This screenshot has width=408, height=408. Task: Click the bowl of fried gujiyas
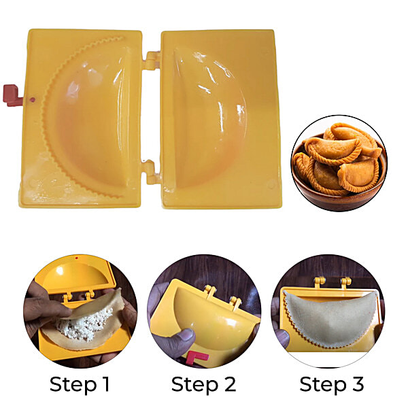pos(338,163)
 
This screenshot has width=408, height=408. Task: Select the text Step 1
pos(80,384)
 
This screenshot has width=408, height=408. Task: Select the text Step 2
pos(203,384)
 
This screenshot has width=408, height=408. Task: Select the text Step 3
pos(331,384)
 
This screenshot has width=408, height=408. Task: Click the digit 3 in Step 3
pos(356,384)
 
